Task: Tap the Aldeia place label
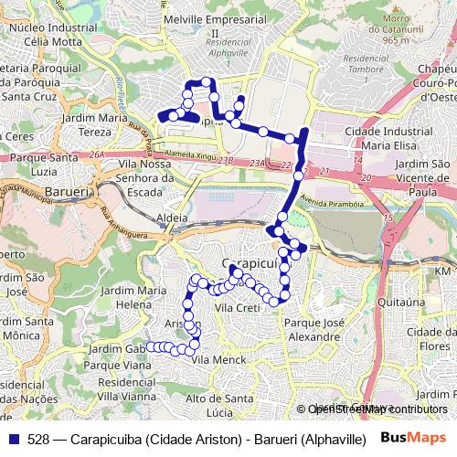(x=172, y=218)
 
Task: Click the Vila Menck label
(x=214, y=360)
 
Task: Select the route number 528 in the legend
(x=38, y=438)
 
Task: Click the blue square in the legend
(x=13, y=438)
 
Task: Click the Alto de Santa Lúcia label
(x=219, y=404)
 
